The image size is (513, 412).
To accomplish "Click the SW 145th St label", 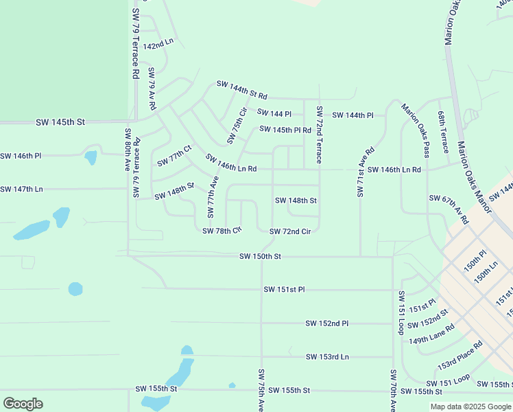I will [x=61, y=122].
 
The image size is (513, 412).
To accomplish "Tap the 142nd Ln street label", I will [x=158, y=43].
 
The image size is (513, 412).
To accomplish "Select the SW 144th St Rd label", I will [x=241, y=89].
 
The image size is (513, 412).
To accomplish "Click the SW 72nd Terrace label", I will [x=320, y=135].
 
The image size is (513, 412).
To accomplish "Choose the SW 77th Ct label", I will [x=174, y=157].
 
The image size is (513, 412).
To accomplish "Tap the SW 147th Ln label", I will [x=21, y=189].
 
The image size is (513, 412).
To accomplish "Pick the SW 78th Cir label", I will [x=222, y=231].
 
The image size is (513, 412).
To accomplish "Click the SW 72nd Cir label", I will [x=290, y=231].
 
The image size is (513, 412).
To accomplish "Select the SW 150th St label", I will [x=261, y=257].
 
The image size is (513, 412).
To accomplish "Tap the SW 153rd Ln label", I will [x=327, y=356].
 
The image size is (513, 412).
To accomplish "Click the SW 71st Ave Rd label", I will [x=365, y=172].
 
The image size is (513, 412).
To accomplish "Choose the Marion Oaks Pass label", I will [x=416, y=130].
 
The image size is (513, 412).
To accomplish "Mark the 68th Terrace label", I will [x=444, y=134].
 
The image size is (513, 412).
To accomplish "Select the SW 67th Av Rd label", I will [x=449, y=210].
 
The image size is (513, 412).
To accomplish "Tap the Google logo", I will [x=23, y=403].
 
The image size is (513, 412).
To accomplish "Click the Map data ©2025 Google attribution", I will [x=470, y=407].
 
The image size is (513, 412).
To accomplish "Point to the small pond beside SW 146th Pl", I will [x=91, y=157].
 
